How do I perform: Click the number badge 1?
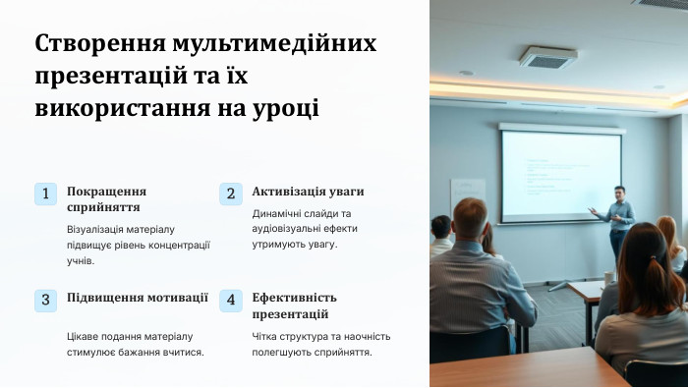(x=45, y=194)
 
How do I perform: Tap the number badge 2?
(x=230, y=194)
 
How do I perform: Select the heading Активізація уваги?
(x=308, y=192)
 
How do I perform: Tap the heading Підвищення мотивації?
(x=138, y=298)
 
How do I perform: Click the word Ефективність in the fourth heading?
(x=294, y=298)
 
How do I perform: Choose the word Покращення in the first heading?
(x=106, y=192)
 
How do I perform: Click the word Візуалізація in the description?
(x=104, y=229)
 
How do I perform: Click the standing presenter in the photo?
(x=617, y=221)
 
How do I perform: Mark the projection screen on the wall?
(x=560, y=175)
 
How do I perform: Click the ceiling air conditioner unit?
(x=547, y=58)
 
